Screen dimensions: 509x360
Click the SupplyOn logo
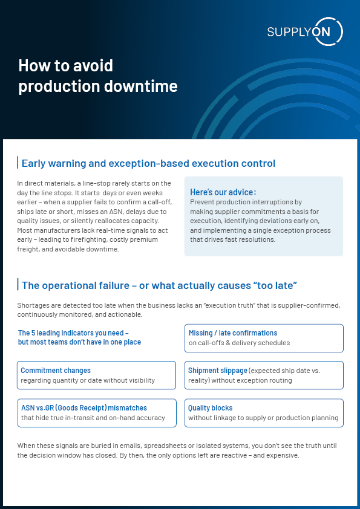pyautogui.click(x=305, y=31)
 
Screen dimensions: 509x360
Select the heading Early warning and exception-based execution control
pyautogui.click(x=148, y=163)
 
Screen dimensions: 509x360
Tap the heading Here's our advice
pyautogui.click(x=223, y=192)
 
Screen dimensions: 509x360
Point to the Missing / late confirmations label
pyautogui.click(x=232, y=333)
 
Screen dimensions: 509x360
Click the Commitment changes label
pyautogui.click(x=56, y=371)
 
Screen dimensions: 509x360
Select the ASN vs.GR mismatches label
pyautogui.click(x=83, y=408)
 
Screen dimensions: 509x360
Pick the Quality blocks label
pyautogui.click(x=210, y=408)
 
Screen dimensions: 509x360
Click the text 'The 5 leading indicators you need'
pyautogui.click(x=73, y=333)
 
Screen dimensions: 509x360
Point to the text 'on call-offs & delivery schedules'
pyautogui.click(x=239, y=343)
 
